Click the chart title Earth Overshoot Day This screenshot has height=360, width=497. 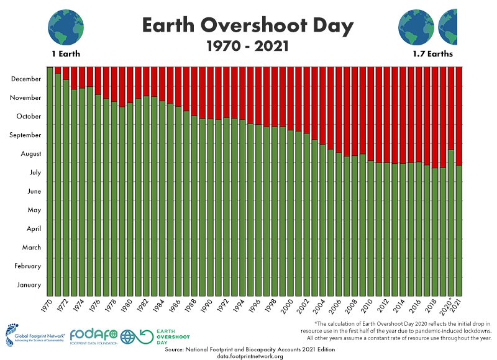tap(248, 25)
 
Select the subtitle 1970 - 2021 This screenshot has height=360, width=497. tap(248, 46)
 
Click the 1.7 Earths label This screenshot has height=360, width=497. tap(432, 54)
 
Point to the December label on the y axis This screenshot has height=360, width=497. tap(26, 79)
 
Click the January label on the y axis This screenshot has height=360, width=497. tap(29, 285)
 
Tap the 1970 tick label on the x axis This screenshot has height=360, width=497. tap(48, 305)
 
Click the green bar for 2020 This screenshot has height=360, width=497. tap(451, 223)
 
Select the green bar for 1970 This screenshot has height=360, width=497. tap(50, 180)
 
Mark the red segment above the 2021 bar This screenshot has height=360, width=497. tap(459, 115)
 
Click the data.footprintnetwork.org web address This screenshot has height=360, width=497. tap(250, 356)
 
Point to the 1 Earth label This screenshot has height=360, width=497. tap(65, 54)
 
